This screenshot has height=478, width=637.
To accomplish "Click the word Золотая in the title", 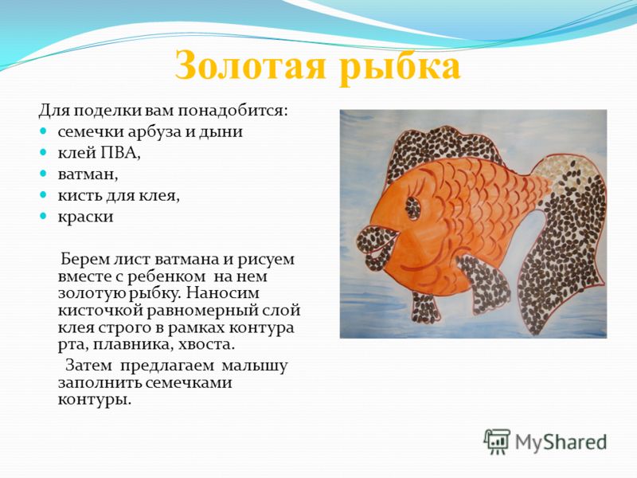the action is [251, 66].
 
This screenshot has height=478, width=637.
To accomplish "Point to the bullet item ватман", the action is [88, 174].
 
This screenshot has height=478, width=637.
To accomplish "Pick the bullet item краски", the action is [85, 217].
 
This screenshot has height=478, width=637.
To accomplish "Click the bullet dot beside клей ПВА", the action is [43, 152].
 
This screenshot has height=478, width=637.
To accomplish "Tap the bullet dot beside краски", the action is [43, 216].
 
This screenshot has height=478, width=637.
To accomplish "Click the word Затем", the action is [88, 366].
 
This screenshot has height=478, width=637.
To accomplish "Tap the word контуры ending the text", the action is [95, 400].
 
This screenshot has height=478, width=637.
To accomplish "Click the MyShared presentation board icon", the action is [496, 441].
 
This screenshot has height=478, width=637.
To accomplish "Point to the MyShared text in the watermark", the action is [561, 442].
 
